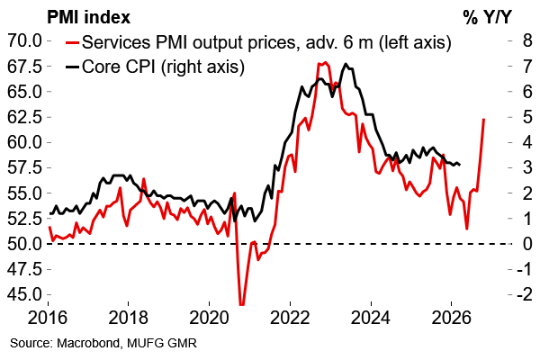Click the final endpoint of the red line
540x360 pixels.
[x=484, y=119]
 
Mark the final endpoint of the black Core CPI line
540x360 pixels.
[x=461, y=164]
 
